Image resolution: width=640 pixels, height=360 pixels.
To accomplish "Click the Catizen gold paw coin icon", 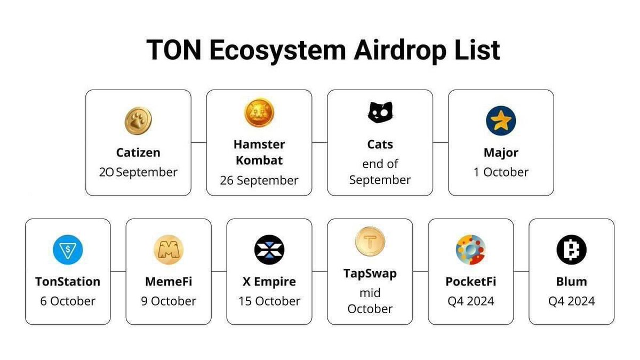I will [x=138, y=121].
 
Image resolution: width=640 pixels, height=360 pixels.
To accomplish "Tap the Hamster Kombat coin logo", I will [x=259, y=113].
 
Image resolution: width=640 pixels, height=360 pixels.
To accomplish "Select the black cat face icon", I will [x=380, y=113].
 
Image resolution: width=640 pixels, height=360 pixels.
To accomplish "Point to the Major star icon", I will [x=501, y=121].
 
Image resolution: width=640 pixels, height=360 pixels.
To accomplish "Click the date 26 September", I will [x=259, y=180].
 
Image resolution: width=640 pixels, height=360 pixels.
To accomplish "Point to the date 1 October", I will [x=501, y=172].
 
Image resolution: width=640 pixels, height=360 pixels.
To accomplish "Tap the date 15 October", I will [x=269, y=301].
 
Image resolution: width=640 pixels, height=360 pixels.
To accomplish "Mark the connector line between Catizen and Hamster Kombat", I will [x=199, y=143].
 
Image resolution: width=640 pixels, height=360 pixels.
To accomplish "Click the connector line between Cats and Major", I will [x=441, y=143].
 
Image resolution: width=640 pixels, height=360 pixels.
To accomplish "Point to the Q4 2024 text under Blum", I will [x=571, y=301].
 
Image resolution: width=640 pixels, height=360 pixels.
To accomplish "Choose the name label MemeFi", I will [x=169, y=282].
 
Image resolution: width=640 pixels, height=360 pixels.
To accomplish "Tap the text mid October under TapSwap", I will [x=370, y=301].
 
